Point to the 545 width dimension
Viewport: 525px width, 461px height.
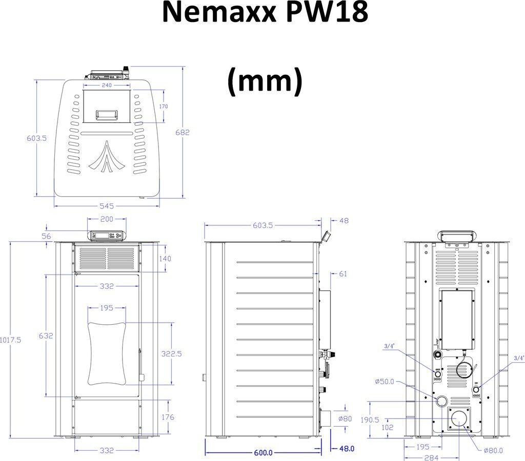pos(107,206)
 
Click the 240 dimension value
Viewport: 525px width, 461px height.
pos(106,86)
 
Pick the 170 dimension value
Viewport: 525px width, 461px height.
pos(164,107)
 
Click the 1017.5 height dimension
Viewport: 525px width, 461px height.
pos(10,340)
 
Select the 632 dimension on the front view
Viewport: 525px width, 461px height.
pos(46,336)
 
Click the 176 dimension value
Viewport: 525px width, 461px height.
pos(167,417)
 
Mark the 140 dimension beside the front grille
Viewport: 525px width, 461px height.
pos(165,259)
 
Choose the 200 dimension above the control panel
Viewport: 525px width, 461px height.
pos(107,219)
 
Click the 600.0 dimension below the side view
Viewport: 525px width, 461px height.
pos(263,453)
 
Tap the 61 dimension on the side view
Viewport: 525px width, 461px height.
pos(342,274)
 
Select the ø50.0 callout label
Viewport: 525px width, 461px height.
pos(385,382)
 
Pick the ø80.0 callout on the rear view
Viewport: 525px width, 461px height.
pos(493,450)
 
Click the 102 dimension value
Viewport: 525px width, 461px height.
pos(388,427)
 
